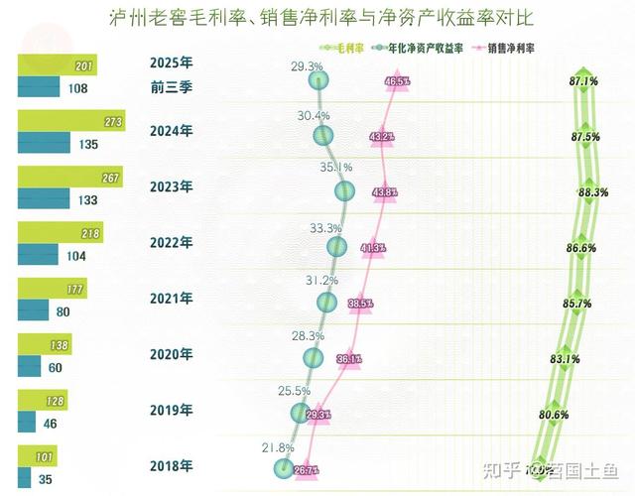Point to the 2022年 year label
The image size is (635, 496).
tap(171, 242)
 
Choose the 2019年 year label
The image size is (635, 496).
tap(171, 410)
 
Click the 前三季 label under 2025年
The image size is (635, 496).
tap(171, 87)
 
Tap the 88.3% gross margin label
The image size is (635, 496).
tap(592, 191)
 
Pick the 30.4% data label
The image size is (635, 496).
tap(313, 116)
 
